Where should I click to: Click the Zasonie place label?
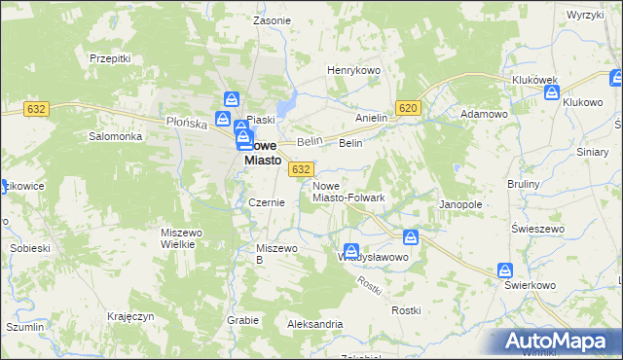272,19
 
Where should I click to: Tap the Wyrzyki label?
586,16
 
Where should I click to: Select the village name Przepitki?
110,58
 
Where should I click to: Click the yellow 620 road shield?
409,109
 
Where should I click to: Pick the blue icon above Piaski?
232,98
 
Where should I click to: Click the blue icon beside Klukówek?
552,93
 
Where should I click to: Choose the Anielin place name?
371,118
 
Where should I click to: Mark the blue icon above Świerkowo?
505,270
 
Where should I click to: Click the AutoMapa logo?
558,341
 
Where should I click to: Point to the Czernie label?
266,202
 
